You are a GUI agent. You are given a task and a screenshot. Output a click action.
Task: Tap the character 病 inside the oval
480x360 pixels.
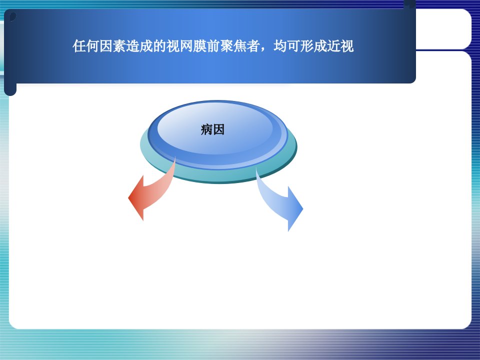206,129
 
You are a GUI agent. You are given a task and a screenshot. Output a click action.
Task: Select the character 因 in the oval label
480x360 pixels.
218,129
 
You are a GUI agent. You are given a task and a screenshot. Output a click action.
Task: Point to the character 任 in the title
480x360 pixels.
79,46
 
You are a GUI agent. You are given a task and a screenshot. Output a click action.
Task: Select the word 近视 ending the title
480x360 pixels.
340,46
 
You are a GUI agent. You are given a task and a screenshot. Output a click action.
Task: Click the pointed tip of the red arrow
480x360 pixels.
128,198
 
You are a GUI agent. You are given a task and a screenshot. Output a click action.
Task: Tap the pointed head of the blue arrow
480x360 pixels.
303,209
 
